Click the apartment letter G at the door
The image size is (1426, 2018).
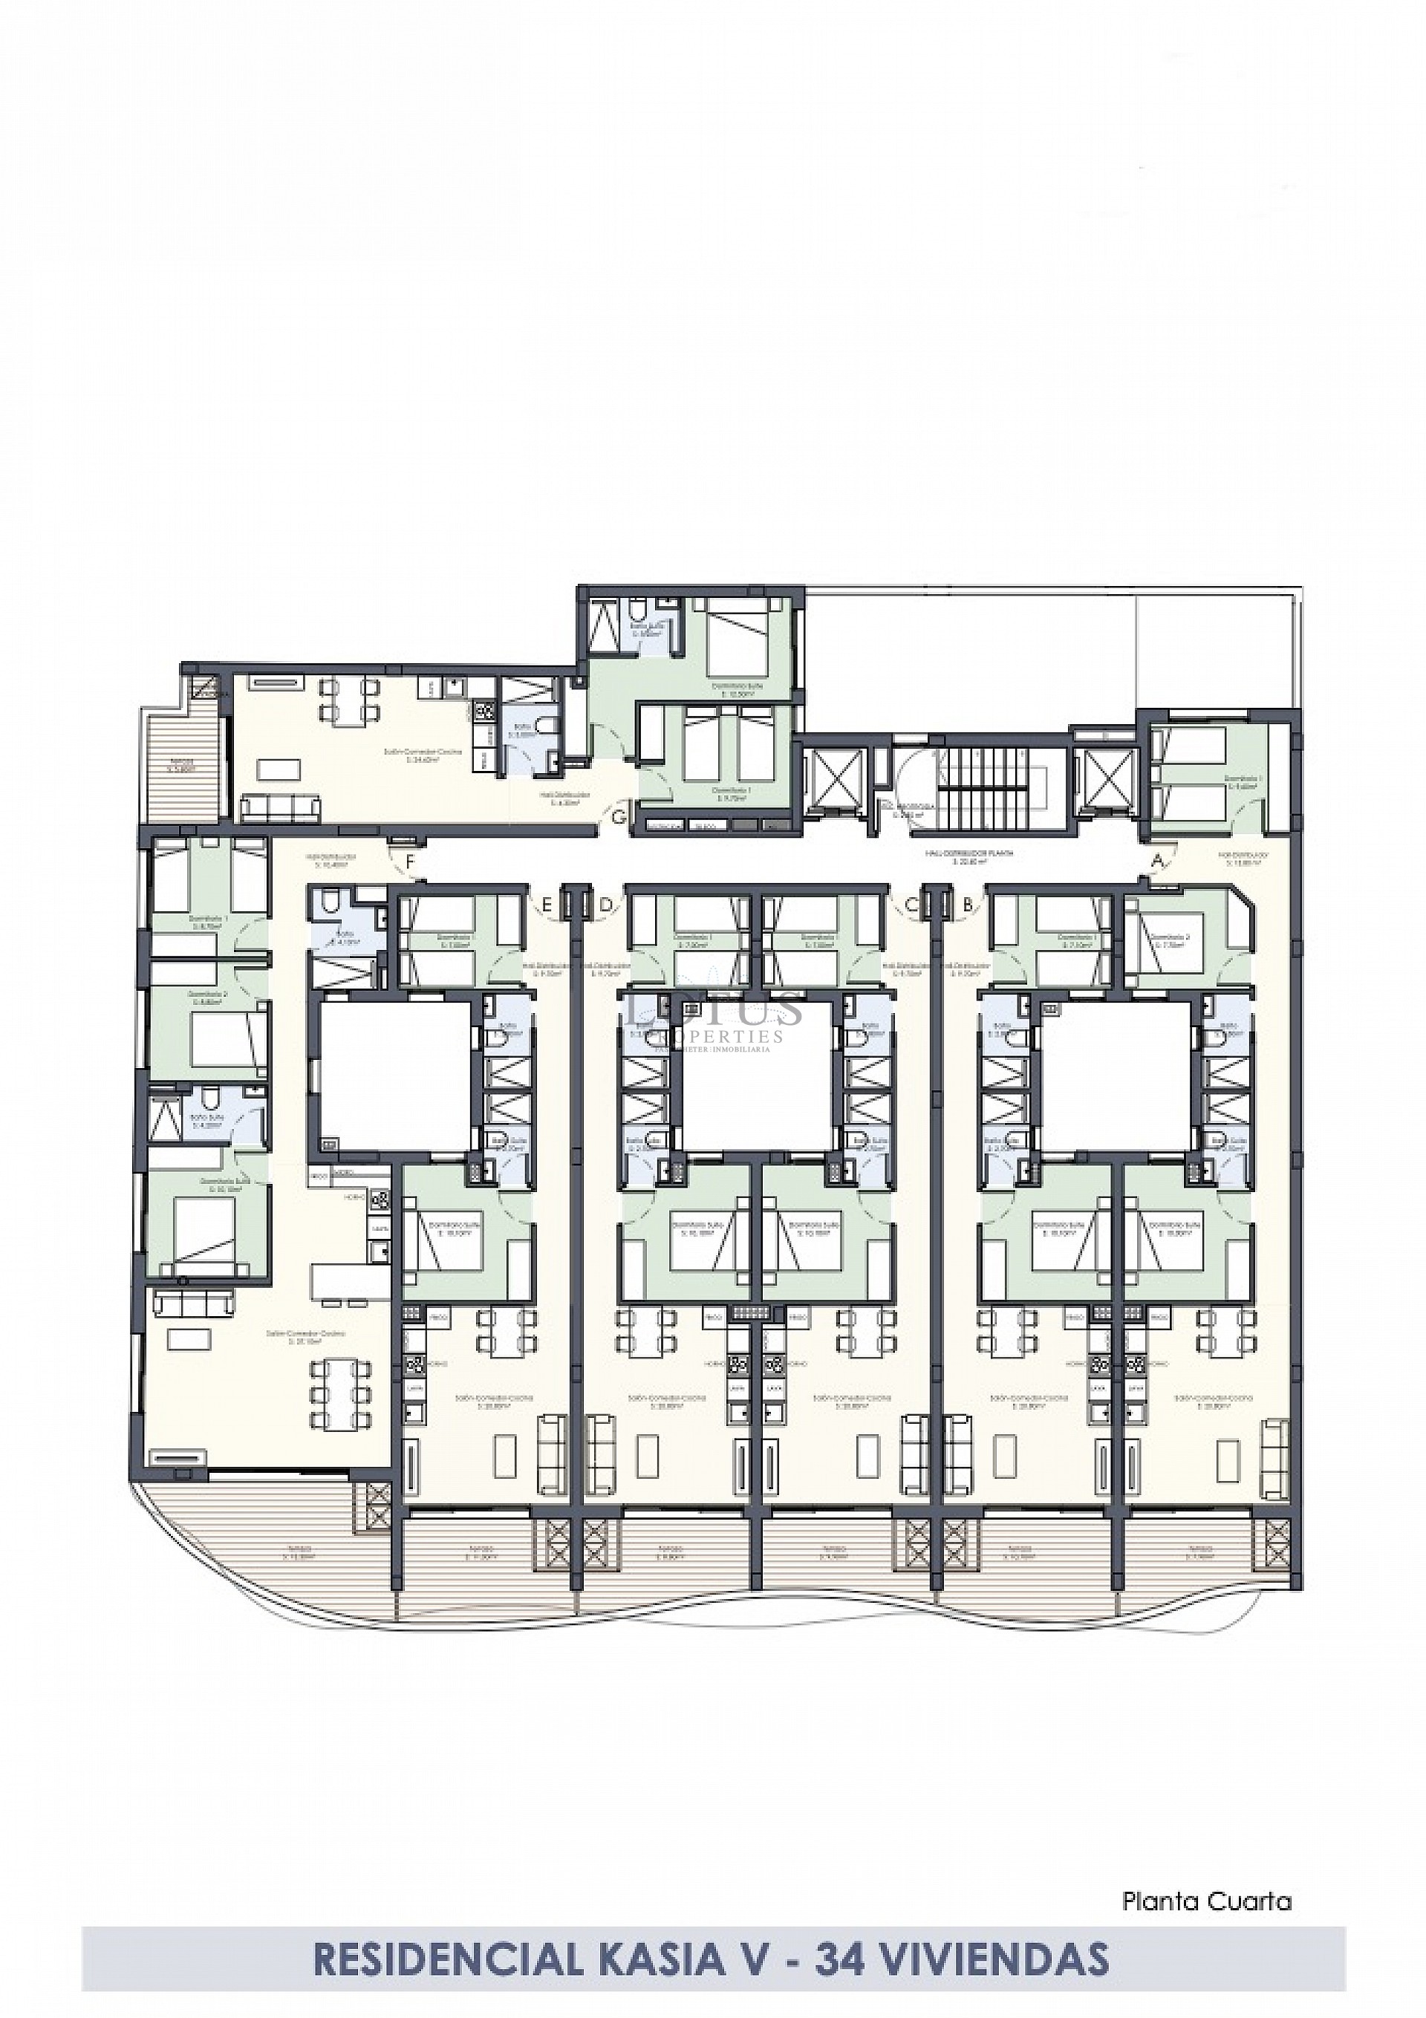coord(620,818)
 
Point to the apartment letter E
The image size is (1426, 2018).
coord(546,903)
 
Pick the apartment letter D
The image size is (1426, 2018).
coord(604,903)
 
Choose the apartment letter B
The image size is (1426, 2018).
coord(967,903)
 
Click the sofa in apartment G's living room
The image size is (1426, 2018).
coord(281,805)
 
